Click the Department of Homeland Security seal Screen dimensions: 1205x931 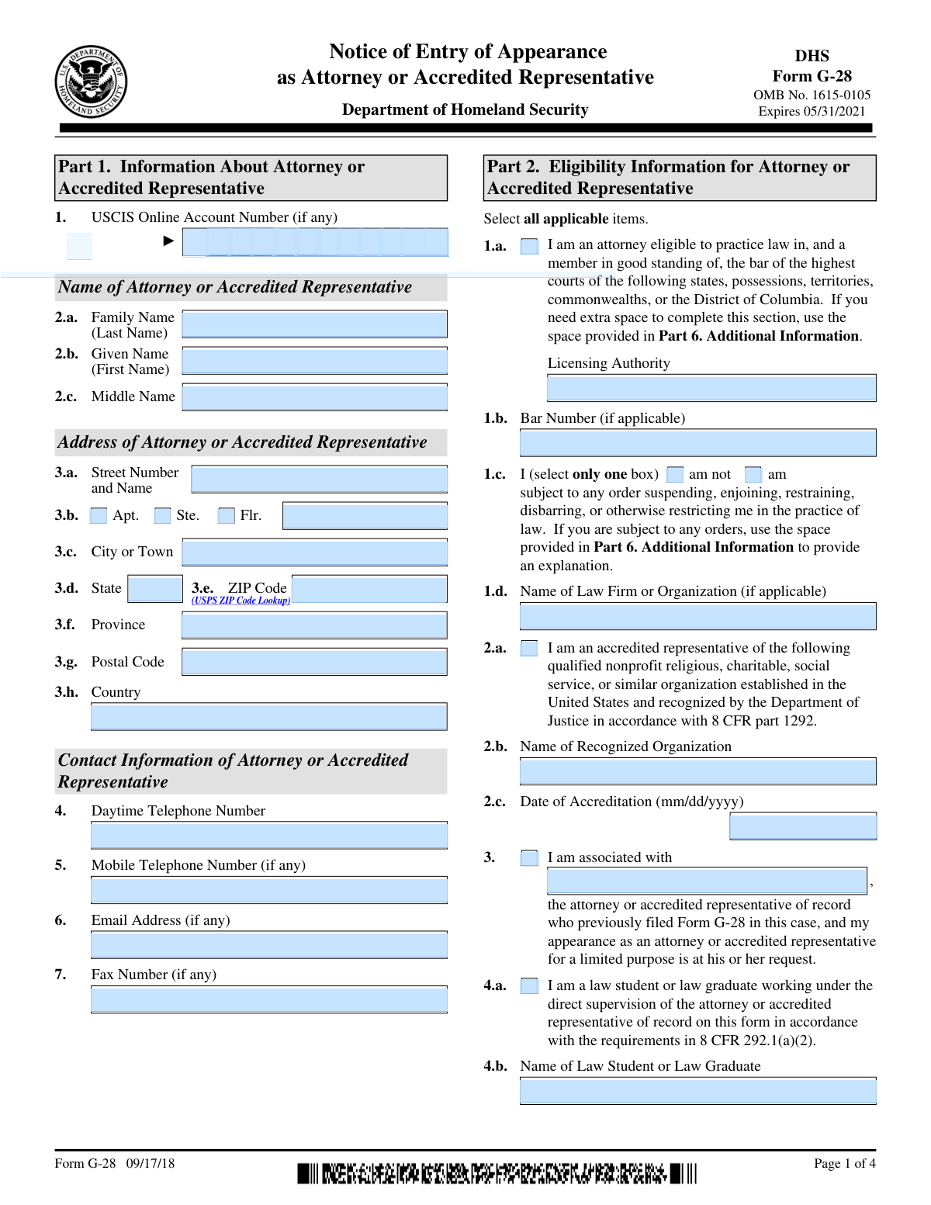click(91, 81)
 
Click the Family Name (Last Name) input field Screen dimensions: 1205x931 click(314, 324)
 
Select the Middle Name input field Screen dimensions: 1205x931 click(314, 397)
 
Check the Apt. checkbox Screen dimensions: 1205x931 click(99, 516)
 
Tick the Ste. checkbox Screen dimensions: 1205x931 click(162, 516)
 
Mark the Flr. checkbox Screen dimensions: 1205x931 click(226, 516)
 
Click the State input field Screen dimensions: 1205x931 click(154, 589)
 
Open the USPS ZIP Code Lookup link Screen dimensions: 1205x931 click(241, 601)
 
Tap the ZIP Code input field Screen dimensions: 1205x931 click(369, 589)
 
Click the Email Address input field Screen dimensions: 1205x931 click(269, 945)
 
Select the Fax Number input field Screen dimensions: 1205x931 click(269, 999)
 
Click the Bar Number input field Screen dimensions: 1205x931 click(697, 443)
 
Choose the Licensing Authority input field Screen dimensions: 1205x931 click(711, 388)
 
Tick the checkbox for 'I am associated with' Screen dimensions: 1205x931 click(529, 858)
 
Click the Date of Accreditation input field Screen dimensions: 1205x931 click(803, 826)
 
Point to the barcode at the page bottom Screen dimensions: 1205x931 click(497, 1173)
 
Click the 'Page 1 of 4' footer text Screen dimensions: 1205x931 click(844, 1163)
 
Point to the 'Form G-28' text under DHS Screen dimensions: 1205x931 click(812, 76)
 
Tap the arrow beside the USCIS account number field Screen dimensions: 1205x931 click(168, 241)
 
